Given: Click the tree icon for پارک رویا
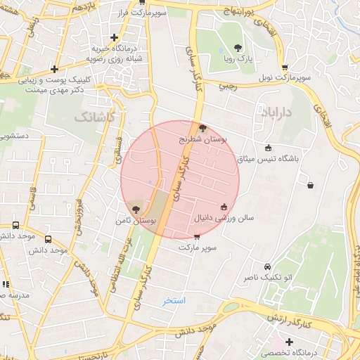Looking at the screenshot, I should pos(238,49).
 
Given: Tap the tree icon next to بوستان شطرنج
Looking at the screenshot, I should pos(203,129).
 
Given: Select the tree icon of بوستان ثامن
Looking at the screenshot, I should pos(135,210).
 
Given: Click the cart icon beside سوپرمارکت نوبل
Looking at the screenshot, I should pos(285,67).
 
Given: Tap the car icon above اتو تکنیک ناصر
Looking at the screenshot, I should pos(267,267).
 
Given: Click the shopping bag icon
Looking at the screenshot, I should pos(310,186).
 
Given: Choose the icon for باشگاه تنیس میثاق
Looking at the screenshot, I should pos(268,148).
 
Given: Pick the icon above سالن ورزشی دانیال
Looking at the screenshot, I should pos(224,207).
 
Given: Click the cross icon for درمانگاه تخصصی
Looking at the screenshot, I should pos(289,342).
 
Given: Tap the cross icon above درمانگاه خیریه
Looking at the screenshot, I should pos(114,37).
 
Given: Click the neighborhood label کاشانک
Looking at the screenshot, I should pos(94,117).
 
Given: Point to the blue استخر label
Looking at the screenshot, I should pos(174,301).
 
